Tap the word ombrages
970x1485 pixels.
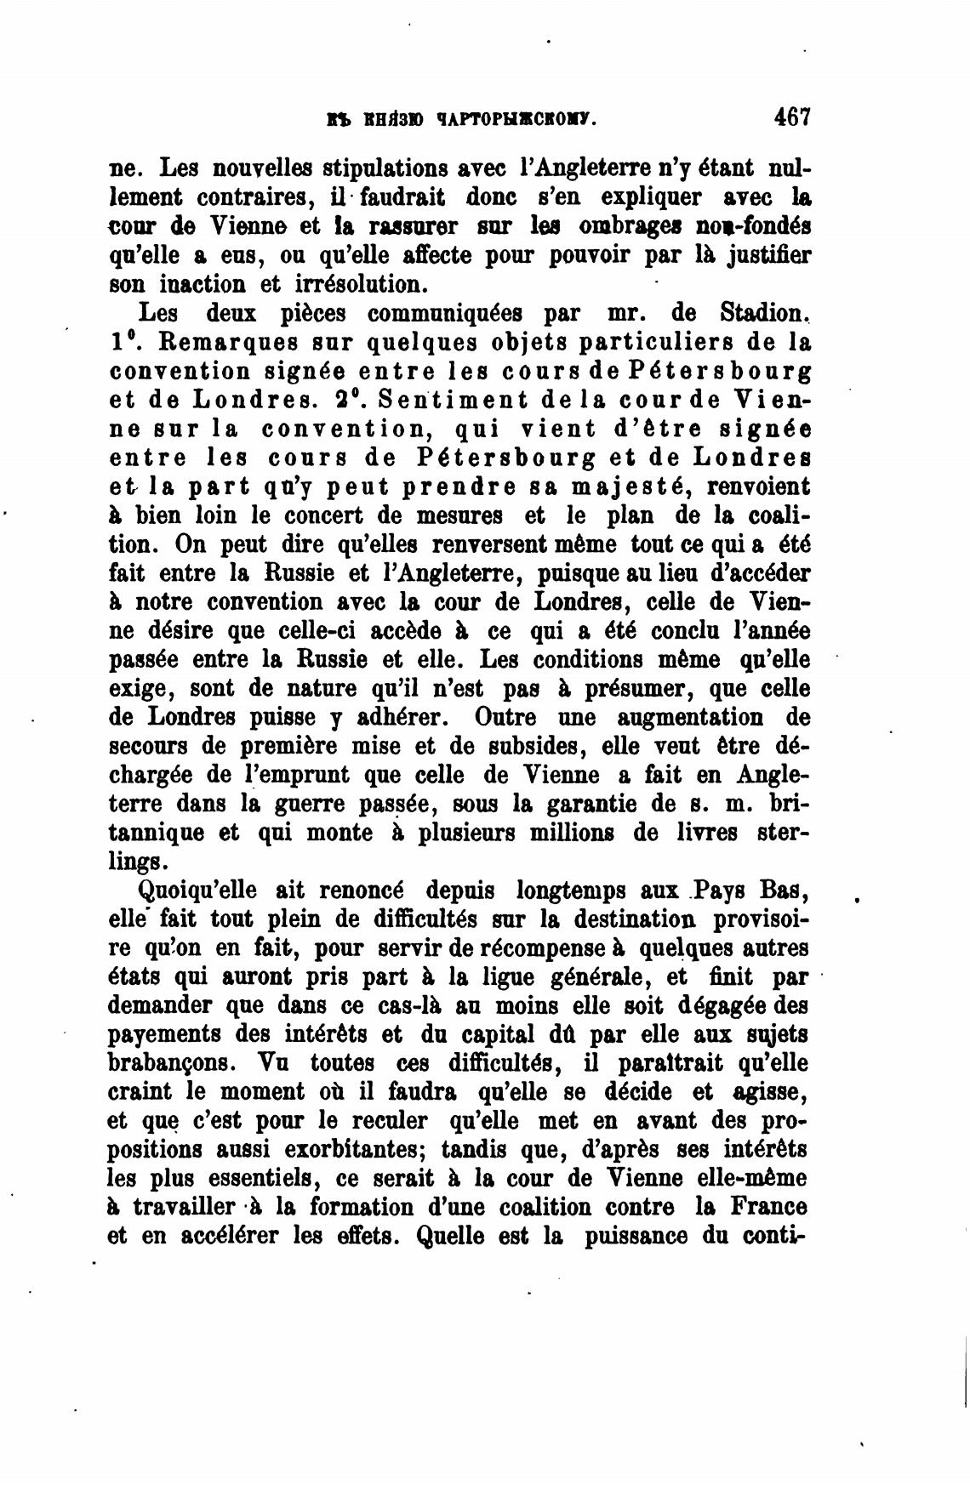(x=644, y=226)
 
